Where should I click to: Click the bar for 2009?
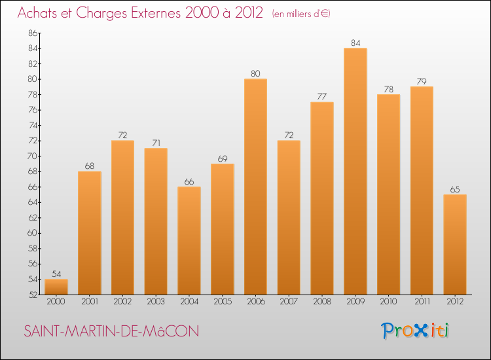[355, 171]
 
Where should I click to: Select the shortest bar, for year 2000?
[56, 287]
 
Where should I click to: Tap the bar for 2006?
[255, 187]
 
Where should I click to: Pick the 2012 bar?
[455, 245]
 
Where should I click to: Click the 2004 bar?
[189, 241]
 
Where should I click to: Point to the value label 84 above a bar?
[355, 43]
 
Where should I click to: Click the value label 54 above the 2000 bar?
[56, 274]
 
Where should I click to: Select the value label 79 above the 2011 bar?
[422, 81]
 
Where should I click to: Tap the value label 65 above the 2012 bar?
[455, 189]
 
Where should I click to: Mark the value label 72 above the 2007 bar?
[289, 135]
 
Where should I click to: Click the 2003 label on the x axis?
[156, 302]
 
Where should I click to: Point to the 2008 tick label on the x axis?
[322, 302]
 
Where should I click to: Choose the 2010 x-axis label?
[389, 302]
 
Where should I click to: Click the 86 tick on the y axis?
[33, 33]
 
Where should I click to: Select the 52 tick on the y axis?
[33, 295]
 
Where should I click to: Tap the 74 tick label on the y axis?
[33, 125]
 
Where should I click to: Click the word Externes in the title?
[156, 12]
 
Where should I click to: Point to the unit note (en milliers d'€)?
[301, 14]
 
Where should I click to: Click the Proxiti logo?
[415, 331]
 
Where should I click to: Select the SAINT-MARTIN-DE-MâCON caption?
[111, 331]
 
